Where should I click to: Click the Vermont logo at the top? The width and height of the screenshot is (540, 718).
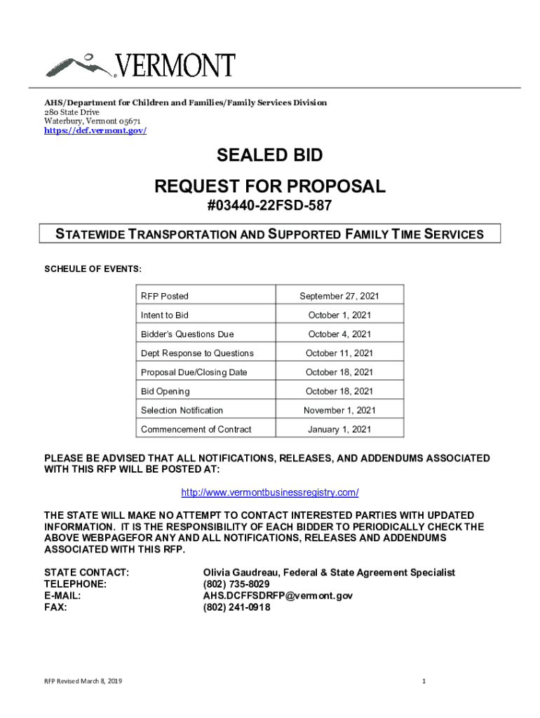pyautogui.click(x=140, y=65)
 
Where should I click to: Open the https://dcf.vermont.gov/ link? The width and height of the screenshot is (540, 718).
pyautogui.click(x=95, y=131)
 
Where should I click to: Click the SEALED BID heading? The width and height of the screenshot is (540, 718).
pyautogui.click(x=269, y=155)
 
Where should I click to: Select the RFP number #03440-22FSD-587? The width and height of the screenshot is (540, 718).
pyautogui.click(x=269, y=206)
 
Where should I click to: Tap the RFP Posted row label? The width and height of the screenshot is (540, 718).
pyautogui.click(x=165, y=297)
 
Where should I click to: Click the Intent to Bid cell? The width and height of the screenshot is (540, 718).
pyautogui.click(x=165, y=316)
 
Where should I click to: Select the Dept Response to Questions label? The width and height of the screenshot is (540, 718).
pyautogui.click(x=197, y=353)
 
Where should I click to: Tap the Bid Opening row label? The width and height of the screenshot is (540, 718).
pyautogui.click(x=166, y=391)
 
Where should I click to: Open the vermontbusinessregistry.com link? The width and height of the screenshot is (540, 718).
pyautogui.click(x=270, y=493)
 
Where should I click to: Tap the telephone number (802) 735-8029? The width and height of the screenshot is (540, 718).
pyautogui.click(x=236, y=584)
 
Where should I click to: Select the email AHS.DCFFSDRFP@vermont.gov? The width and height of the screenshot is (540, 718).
pyautogui.click(x=278, y=596)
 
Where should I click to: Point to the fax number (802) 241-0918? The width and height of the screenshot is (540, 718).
pyautogui.click(x=236, y=607)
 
